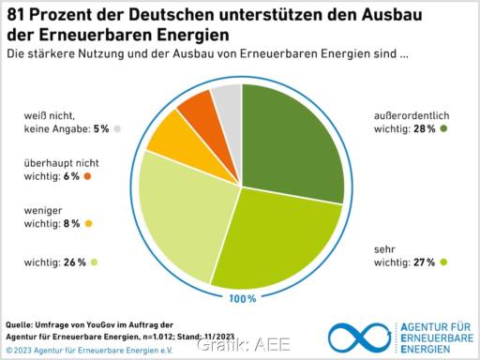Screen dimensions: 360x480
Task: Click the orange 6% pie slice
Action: coord(198,109)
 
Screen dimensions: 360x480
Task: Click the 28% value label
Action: coord(422,128)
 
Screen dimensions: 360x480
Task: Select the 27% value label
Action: coord(422,262)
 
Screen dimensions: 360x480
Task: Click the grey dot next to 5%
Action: coord(117,128)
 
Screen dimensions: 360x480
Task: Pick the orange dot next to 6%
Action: coord(87,176)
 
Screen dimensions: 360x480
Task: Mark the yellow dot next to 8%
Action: coord(88,224)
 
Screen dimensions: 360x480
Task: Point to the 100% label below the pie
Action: coord(241,298)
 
